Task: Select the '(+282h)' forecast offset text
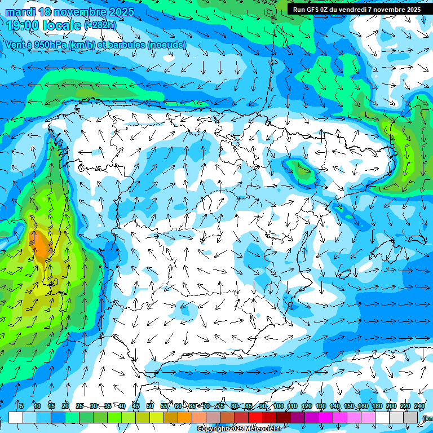[x=100, y=25]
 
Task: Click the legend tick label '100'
[x=279, y=406]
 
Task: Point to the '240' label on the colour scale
[x=419, y=406]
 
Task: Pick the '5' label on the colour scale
[x=21, y=406]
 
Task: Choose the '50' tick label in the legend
[x=150, y=406]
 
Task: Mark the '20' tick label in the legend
[x=65, y=406]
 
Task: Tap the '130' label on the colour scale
[x=321, y=406]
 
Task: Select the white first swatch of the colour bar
[x=16, y=417]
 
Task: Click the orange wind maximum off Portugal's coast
[x=41, y=245]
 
